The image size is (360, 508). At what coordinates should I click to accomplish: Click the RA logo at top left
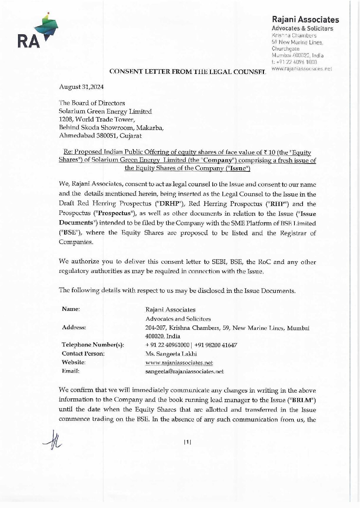pos(37,32)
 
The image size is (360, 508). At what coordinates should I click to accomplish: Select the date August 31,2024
pos(81,87)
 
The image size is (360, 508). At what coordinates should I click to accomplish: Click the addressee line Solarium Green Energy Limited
pos(106,111)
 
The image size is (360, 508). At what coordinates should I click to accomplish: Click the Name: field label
pos(71,309)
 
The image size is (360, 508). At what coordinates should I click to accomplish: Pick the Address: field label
pos(74,327)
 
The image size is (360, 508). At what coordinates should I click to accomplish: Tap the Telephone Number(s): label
pos(93,345)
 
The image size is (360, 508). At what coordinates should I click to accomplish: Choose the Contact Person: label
pos(83,354)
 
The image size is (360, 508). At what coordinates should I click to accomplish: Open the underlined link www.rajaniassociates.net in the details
pos(179,363)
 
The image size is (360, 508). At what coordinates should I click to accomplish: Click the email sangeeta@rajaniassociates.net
pos(184,371)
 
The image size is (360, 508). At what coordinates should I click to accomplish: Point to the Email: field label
pos(71,371)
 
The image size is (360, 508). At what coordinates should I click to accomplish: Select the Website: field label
pos(74,362)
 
